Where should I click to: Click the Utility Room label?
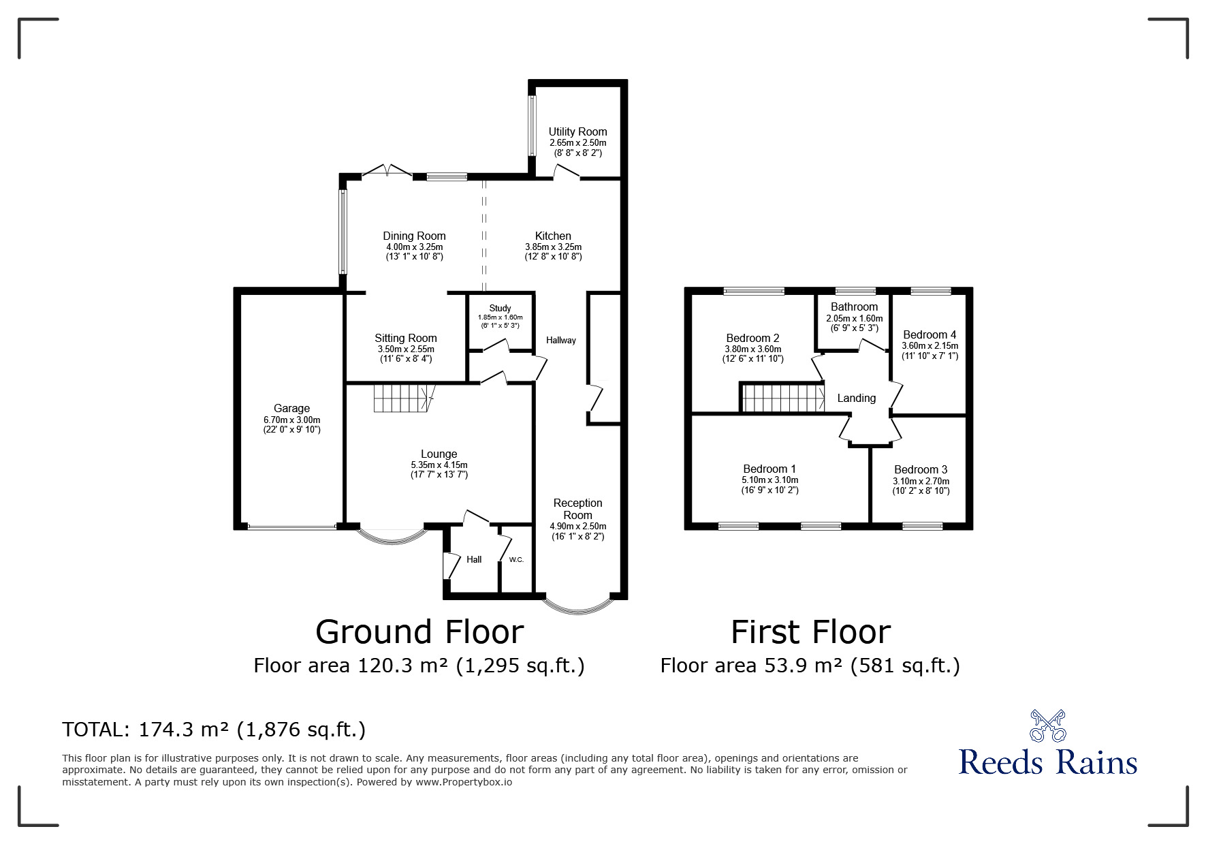click(577, 131)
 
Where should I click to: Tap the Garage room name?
click(291, 409)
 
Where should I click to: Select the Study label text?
click(500, 309)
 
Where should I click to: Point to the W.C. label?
click(516, 560)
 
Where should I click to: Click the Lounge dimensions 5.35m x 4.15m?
click(439, 465)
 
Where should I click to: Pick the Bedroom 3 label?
click(921, 469)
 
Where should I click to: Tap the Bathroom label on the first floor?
click(854, 307)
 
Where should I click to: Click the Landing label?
click(856, 398)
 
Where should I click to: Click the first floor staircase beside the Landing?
click(783, 398)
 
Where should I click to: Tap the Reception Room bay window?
click(577, 605)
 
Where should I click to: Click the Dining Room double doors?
click(387, 170)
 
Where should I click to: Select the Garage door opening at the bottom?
click(291, 527)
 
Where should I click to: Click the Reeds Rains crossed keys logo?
click(1047, 726)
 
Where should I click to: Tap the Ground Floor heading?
click(419, 632)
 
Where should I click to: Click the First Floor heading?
click(810, 632)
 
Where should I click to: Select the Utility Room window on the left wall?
click(533, 125)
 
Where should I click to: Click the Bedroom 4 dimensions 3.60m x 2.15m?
click(930, 346)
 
